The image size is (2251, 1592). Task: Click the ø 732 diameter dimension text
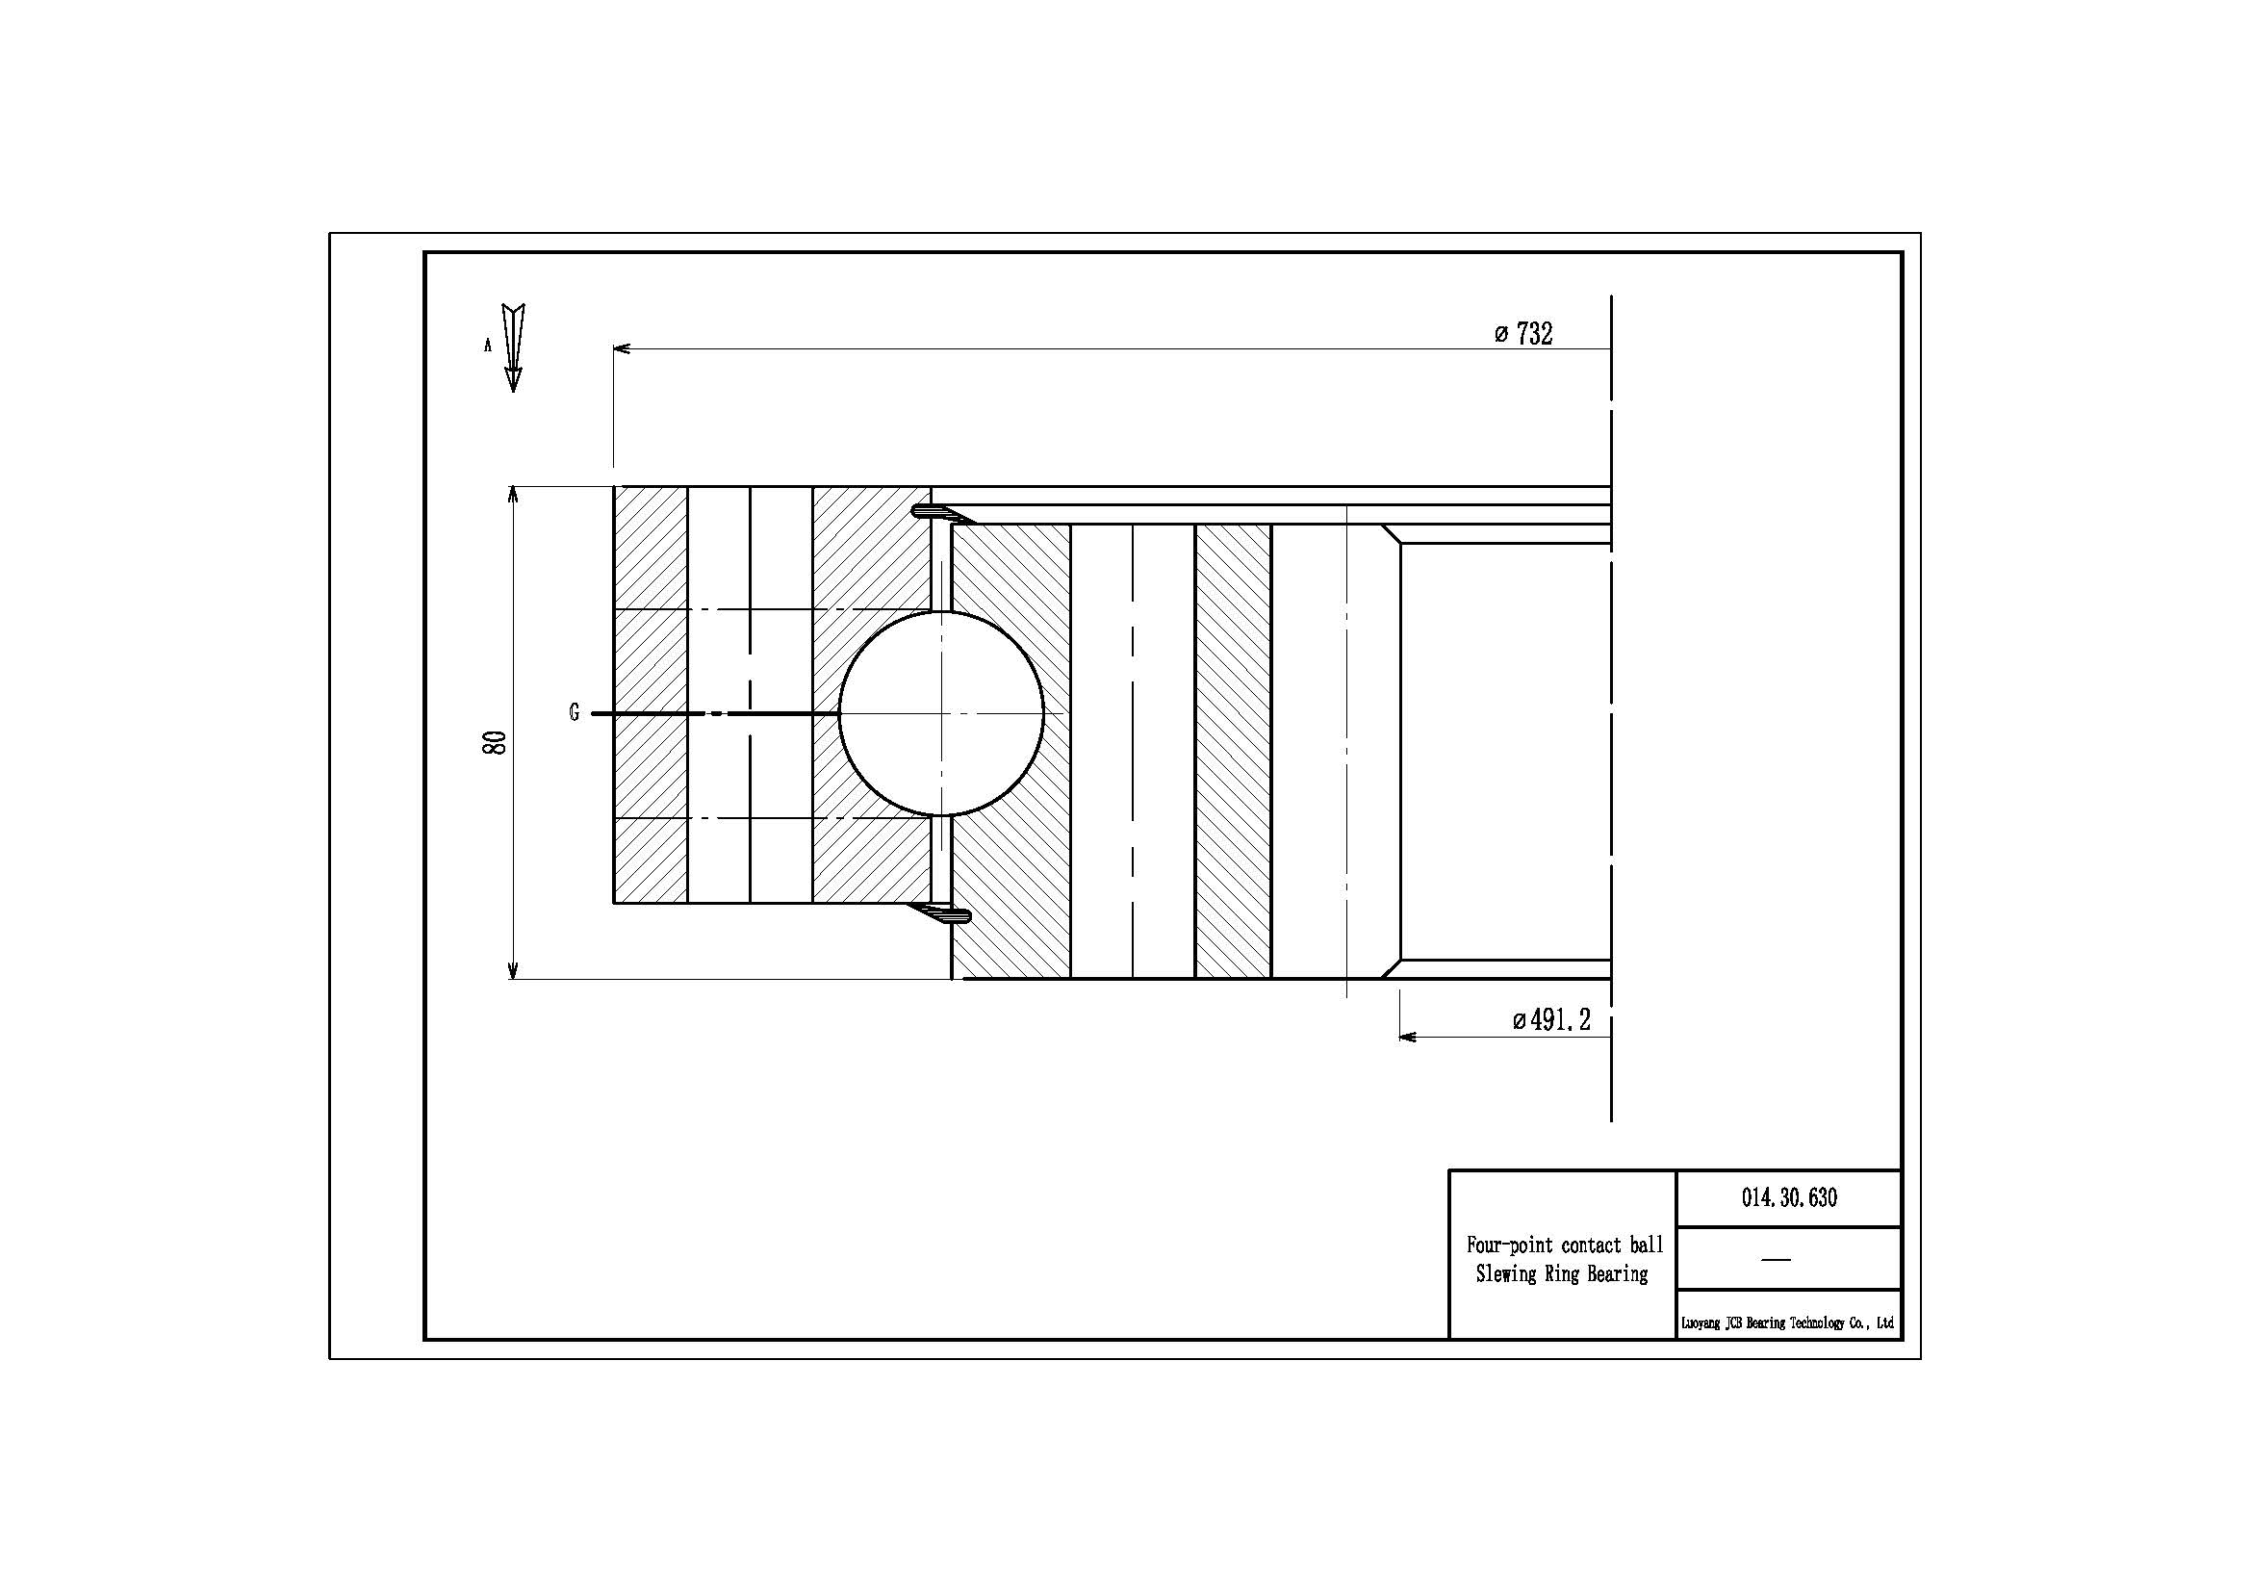1522,334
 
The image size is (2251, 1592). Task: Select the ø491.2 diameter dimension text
1551,1020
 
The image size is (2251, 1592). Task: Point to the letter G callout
575,712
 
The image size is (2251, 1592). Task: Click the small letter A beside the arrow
487,346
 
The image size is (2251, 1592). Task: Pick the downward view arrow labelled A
513,348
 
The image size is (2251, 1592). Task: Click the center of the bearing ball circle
941,713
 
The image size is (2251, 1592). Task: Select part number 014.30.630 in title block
1789,1197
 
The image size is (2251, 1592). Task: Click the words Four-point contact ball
1565,1245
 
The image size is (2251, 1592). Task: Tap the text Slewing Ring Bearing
1562,1273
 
